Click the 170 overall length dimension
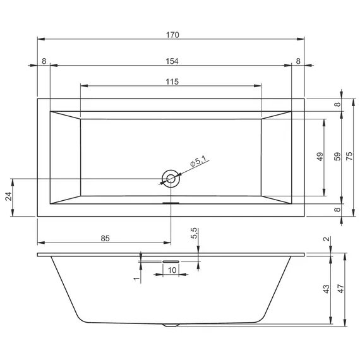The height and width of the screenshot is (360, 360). pyautogui.click(x=172, y=35)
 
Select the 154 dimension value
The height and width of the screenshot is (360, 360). pyautogui.click(x=172, y=61)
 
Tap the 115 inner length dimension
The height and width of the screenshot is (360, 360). pyautogui.click(x=172, y=81)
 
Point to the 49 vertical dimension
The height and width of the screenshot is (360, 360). pyautogui.click(x=320, y=157)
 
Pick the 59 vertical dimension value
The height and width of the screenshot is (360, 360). pyautogui.click(x=337, y=157)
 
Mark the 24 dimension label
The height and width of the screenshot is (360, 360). pyautogui.click(x=8, y=197)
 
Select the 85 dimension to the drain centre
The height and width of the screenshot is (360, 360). pyautogui.click(x=105, y=238)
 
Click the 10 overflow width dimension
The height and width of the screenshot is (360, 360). pyautogui.click(x=171, y=270)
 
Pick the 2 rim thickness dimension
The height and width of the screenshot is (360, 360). pyautogui.click(x=326, y=239)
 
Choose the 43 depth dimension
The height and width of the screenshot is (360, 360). pyautogui.click(x=326, y=289)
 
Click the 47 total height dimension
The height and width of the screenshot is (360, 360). pyautogui.click(x=342, y=289)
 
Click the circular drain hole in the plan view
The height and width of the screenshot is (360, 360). pyautogui.click(x=171, y=179)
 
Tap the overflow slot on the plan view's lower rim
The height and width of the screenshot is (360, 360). pyautogui.click(x=171, y=203)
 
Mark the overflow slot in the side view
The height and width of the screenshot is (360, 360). pyautogui.click(x=171, y=260)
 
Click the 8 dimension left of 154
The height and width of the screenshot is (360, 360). pyautogui.click(x=44, y=61)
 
